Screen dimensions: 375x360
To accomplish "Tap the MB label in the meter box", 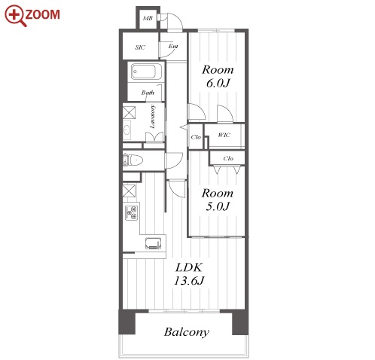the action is (x=148, y=18).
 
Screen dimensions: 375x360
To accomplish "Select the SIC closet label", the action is (x=140, y=47).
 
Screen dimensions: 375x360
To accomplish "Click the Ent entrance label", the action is (x=173, y=46).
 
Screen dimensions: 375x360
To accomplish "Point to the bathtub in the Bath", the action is (x=144, y=72).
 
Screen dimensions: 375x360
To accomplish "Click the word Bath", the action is (x=148, y=93).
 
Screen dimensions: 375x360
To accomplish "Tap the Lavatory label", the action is (x=152, y=117).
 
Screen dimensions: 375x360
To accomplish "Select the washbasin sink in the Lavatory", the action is (x=127, y=130).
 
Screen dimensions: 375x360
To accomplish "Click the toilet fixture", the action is (x=133, y=160).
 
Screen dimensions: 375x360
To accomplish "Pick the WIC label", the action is (x=224, y=135).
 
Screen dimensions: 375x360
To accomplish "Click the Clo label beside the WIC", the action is (x=196, y=137).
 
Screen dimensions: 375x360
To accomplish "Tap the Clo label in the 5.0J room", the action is (x=228, y=158).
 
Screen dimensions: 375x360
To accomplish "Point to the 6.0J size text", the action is (x=218, y=83).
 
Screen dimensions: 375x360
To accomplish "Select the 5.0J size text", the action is (x=218, y=206).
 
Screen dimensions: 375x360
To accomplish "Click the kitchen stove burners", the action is (x=132, y=212).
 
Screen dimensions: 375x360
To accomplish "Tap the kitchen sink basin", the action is (x=153, y=243).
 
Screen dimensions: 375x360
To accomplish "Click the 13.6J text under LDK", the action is (x=189, y=280).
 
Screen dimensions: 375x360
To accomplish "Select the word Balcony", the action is (x=187, y=332).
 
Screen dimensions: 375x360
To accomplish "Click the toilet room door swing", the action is (x=174, y=160).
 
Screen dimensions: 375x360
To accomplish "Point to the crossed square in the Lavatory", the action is (x=129, y=112).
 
